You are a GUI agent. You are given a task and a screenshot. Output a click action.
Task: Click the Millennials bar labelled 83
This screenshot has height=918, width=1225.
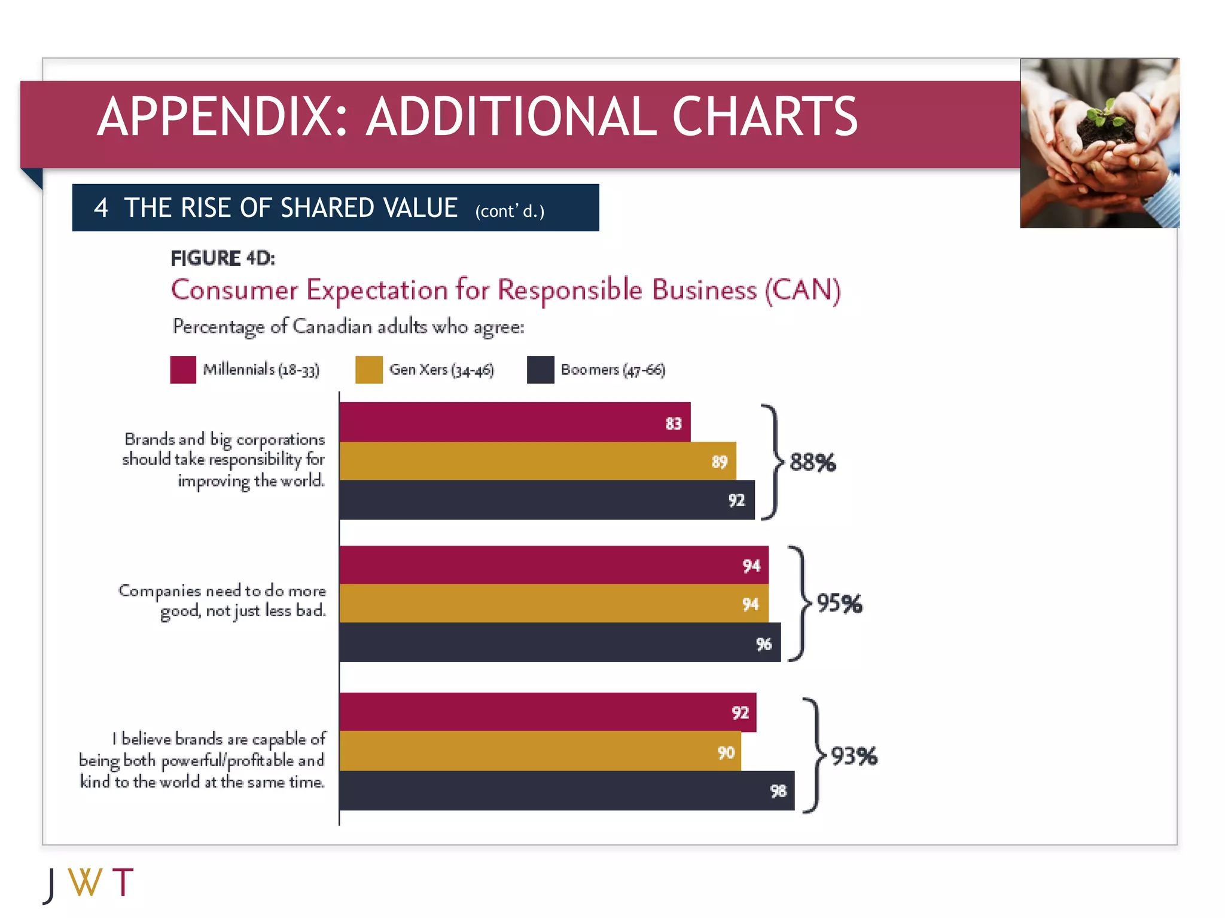coord(514,422)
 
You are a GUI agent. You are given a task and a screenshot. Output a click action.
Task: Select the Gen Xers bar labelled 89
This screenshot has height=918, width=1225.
coord(537,461)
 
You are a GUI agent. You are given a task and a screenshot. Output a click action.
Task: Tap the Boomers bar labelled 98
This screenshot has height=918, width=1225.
coord(566,790)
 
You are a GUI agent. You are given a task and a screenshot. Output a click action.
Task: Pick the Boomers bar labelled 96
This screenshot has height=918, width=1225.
coord(559,642)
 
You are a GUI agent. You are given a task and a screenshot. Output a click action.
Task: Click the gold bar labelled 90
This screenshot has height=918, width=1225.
coord(540,751)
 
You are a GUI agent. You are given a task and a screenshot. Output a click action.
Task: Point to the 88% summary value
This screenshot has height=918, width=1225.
coord(812,463)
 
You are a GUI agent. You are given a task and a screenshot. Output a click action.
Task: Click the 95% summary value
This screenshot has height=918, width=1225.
coord(839,604)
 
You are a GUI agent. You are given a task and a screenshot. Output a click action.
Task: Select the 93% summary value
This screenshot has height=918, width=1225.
coord(854,756)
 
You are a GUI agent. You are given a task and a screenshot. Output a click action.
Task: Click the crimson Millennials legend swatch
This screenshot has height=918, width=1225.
coord(183,369)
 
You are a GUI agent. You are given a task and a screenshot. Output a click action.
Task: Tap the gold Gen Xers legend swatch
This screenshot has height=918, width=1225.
coord(368,369)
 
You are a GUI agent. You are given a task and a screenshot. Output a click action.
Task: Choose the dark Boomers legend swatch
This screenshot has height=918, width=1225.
coord(540,369)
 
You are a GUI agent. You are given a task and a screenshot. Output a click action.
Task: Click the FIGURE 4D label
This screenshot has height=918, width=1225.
coord(223,258)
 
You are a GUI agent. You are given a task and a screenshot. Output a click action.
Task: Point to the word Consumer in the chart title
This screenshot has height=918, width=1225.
coord(234,290)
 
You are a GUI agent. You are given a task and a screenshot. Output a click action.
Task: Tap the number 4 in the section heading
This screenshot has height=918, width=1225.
coord(100,208)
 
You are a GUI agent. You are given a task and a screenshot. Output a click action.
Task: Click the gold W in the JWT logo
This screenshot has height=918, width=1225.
coord(85,882)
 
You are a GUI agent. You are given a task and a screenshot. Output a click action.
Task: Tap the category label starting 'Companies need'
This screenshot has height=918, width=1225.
coord(222,601)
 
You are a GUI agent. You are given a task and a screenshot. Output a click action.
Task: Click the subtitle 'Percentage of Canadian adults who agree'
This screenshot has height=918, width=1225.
coord(348,327)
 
